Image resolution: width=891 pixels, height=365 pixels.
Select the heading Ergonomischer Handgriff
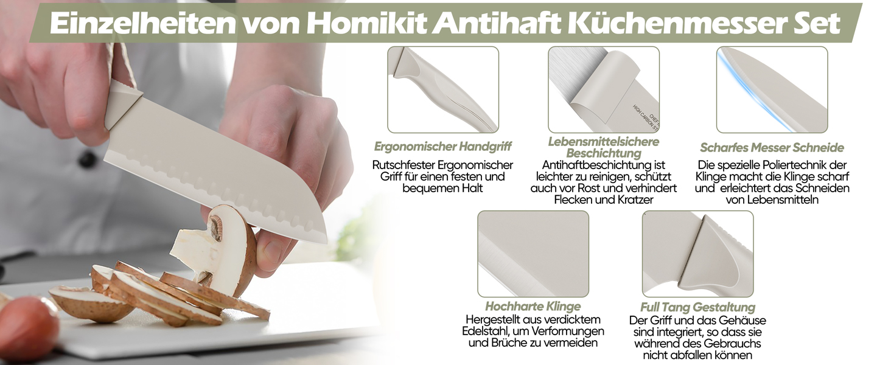click(442, 147)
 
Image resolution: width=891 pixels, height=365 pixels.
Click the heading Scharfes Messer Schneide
click(772, 147)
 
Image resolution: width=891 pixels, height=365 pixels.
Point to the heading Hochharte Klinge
click(533, 306)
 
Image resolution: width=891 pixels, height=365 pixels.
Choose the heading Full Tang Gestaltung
click(697, 307)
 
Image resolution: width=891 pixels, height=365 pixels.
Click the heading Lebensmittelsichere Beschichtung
click(603, 147)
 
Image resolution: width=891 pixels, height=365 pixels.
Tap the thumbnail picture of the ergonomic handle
click(443, 89)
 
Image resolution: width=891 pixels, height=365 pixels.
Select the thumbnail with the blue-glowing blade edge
click(772, 89)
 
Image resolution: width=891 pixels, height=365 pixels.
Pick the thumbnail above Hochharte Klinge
click(533, 254)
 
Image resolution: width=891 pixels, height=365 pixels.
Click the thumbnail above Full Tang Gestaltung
click(697, 254)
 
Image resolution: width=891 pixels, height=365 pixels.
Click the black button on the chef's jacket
click(87, 159)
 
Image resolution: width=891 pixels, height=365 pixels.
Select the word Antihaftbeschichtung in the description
click(603, 165)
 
